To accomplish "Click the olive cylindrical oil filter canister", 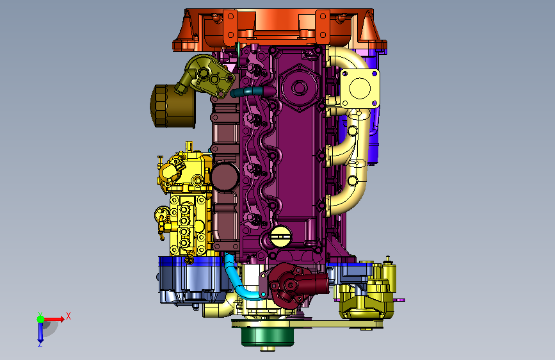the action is pos(173,106).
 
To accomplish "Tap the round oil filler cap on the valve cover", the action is pos(281,236).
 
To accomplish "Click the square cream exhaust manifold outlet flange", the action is pos(360,88).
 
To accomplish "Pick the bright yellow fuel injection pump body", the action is pos(186,202).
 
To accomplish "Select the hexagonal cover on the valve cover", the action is pos(300,88).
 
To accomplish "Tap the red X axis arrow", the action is pos(54,319).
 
